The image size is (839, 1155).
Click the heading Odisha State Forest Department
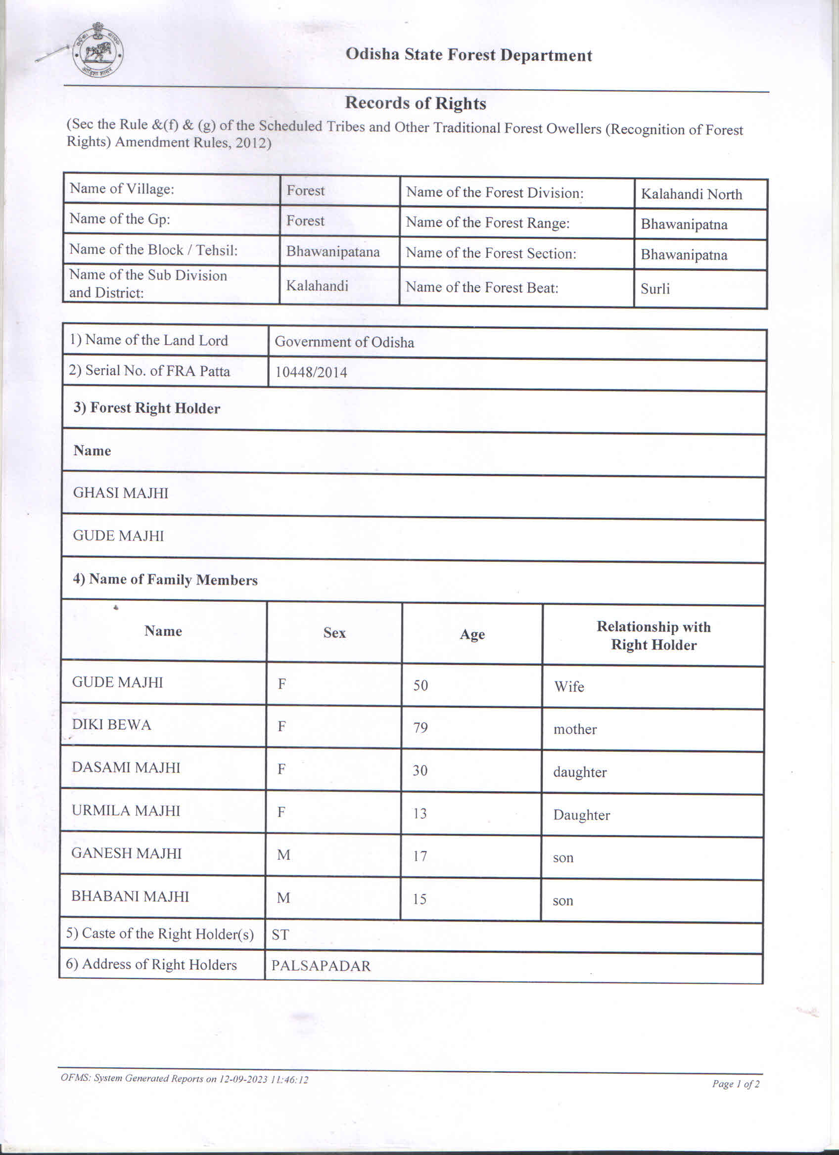pos(468,55)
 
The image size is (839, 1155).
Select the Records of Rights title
pos(415,103)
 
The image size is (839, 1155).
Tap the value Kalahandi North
pos(691,194)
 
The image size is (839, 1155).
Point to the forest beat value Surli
pos(654,289)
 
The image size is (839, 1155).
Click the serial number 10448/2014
pos(311,373)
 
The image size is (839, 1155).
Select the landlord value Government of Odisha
pos(344,342)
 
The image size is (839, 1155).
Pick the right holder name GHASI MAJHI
pos(121,493)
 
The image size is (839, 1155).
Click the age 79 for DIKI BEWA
pos(420,728)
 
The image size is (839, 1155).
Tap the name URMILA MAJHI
pos(126,811)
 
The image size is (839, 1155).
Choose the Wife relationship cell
pos(569,687)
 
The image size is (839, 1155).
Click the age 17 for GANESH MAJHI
pos(420,856)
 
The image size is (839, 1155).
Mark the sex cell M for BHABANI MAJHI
pos(283,898)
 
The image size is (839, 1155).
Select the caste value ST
pos(280,935)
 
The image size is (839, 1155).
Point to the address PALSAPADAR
pos(321,966)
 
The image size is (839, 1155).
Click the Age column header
pos(472,634)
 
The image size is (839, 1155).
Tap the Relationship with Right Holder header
pos(653,635)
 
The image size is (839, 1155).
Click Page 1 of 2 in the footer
pos(735,1084)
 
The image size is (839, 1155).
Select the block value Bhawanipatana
pos(332,252)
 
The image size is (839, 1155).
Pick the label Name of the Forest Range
pos(487,223)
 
